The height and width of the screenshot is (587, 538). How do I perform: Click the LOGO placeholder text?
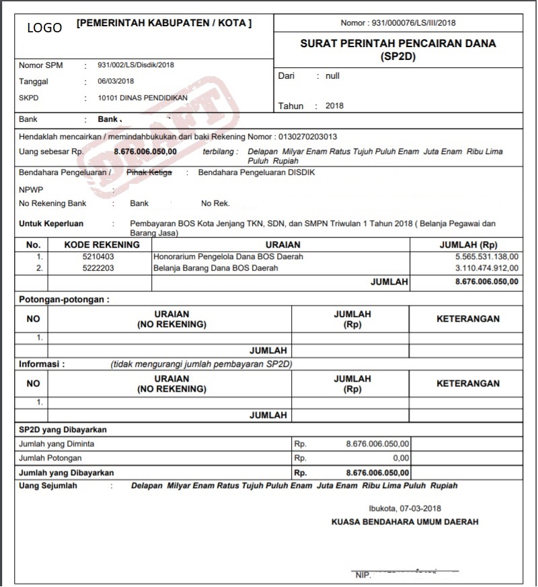pos(44,28)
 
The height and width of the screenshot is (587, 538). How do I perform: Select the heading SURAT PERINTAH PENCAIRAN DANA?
pos(398,44)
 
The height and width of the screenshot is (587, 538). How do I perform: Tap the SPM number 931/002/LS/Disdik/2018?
pos(136,65)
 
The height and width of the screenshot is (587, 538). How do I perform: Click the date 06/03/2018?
pos(116,81)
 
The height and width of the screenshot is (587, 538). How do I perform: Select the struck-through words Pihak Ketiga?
pos(149,173)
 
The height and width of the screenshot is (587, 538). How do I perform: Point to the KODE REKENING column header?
pos(102,245)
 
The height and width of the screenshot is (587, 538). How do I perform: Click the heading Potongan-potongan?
pos(64,299)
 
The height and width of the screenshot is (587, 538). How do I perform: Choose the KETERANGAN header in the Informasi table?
pos(468,384)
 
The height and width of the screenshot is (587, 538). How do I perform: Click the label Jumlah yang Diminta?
pos(56,444)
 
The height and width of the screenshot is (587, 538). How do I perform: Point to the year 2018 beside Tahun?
pos(334,106)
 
